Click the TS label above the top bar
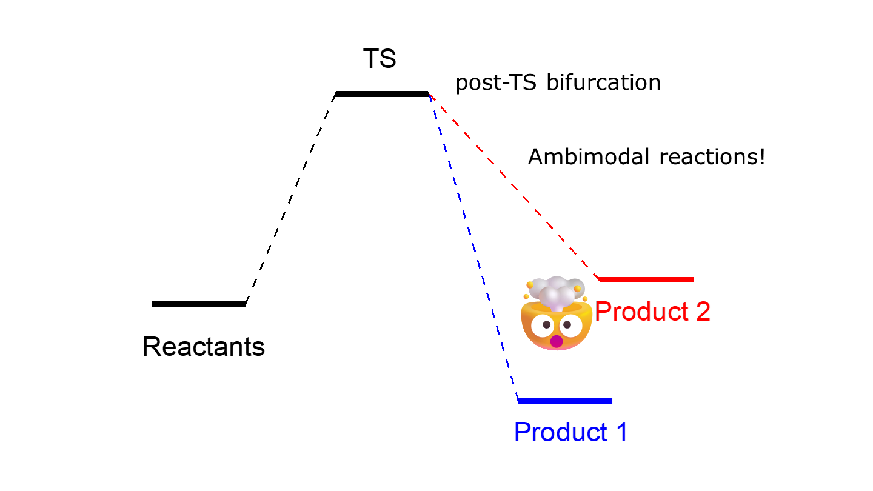[380, 59]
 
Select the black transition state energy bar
[381, 94]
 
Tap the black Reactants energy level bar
[198, 304]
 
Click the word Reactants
[204, 347]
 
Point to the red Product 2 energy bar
[646, 280]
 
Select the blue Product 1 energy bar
[565, 401]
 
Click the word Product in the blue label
[560, 432]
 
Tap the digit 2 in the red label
[703, 312]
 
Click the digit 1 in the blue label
[621, 432]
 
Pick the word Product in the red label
[641, 312]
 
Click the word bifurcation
[603, 82]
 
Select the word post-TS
[496, 83]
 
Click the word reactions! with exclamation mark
[712, 156]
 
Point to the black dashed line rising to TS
[290, 199]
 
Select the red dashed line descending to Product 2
[514, 186]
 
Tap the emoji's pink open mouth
[556, 341]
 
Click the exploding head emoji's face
[557, 327]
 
